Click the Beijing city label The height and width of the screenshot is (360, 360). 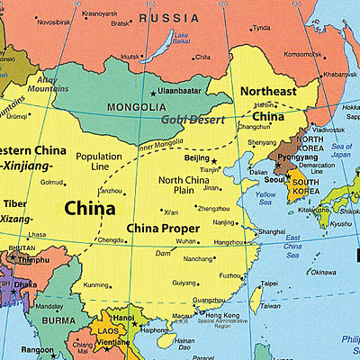coord(197,158)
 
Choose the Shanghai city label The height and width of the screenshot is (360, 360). coord(272,231)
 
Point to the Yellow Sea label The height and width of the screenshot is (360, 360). coord(267,198)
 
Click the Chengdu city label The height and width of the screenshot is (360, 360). coord(110,240)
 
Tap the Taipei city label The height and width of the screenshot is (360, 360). coord(269,283)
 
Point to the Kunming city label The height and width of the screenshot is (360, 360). coord(95,284)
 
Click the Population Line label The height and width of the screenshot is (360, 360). coord(98,162)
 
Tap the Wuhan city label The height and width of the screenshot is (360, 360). coord(186,242)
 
